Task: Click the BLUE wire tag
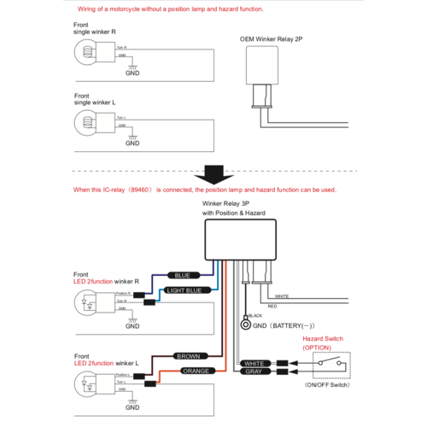tap(182, 276)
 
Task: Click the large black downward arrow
tap(213, 173)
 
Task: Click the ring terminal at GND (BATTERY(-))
tap(245, 325)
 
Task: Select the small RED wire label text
tap(272, 305)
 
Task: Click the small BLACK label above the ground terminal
tap(254, 316)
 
